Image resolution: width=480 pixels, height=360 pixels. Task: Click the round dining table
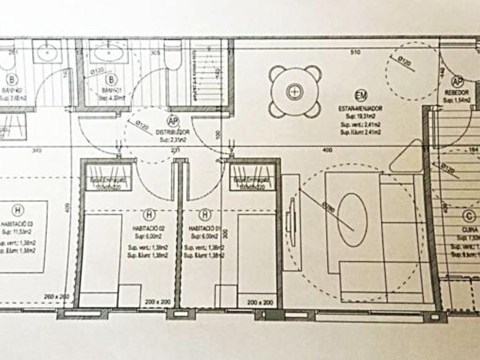(294, 91)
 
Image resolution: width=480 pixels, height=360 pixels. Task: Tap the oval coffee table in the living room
(352, 220)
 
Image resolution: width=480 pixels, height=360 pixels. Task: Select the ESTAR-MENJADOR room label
(359, 107)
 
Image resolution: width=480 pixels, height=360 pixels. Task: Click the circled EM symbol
(360, 95)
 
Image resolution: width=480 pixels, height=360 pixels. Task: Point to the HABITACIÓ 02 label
(149, 228)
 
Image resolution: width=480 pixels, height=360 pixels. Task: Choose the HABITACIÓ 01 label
(205, 228)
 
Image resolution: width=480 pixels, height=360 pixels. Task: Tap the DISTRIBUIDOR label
(172, 131)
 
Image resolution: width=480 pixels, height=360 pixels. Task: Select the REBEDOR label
(457, 92)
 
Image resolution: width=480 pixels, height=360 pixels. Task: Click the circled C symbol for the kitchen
(469, 216)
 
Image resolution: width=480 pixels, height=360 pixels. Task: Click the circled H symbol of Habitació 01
(205, 214)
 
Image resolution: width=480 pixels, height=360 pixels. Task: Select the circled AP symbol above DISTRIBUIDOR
(172, 121)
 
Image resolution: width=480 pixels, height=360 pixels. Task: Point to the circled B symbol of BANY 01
(111, 79)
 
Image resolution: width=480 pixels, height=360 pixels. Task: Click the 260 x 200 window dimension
(57, 297)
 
